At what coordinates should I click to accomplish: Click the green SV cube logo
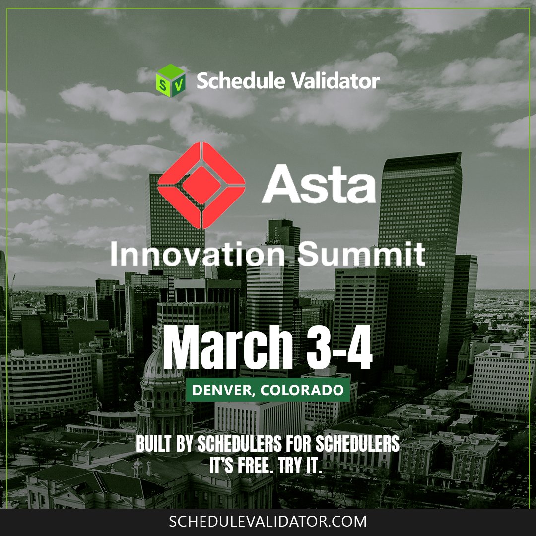point(170,80)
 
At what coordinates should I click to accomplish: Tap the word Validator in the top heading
point(337,80)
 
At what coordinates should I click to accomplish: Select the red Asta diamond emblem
point(201,185)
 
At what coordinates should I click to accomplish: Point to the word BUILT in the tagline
point(153,444)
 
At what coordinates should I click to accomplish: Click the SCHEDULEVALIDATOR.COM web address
point(268,522)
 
